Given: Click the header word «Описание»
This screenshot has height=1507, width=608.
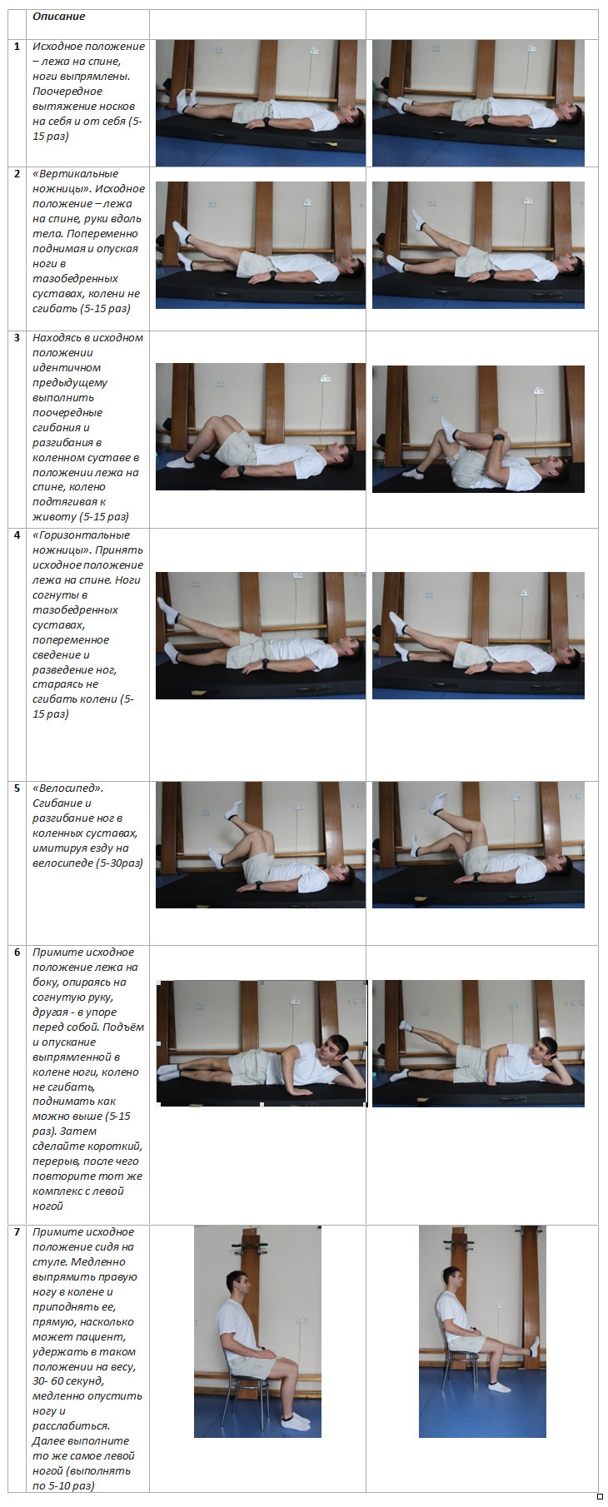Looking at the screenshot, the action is [58, 17].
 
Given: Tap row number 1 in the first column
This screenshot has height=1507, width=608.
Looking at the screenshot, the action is [17, 47].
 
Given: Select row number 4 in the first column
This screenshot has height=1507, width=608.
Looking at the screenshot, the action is [17, 535].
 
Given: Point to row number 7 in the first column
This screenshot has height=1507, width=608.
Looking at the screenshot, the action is [17, 1232].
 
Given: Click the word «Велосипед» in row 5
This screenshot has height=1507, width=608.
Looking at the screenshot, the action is [68, 788].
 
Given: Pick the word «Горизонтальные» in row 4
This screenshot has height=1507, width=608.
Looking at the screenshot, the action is [81, 535].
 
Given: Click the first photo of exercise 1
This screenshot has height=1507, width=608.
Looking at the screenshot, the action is [261, 102].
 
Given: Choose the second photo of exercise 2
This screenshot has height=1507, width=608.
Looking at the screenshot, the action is [478, 245].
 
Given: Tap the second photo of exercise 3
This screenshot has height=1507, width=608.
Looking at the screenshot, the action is [478, 429].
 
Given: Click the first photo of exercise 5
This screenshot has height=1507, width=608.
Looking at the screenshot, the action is [261, 844].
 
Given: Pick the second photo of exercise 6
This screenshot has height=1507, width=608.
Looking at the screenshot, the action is [478, 1043].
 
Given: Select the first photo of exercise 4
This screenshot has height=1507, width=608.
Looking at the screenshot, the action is [261, 635].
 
